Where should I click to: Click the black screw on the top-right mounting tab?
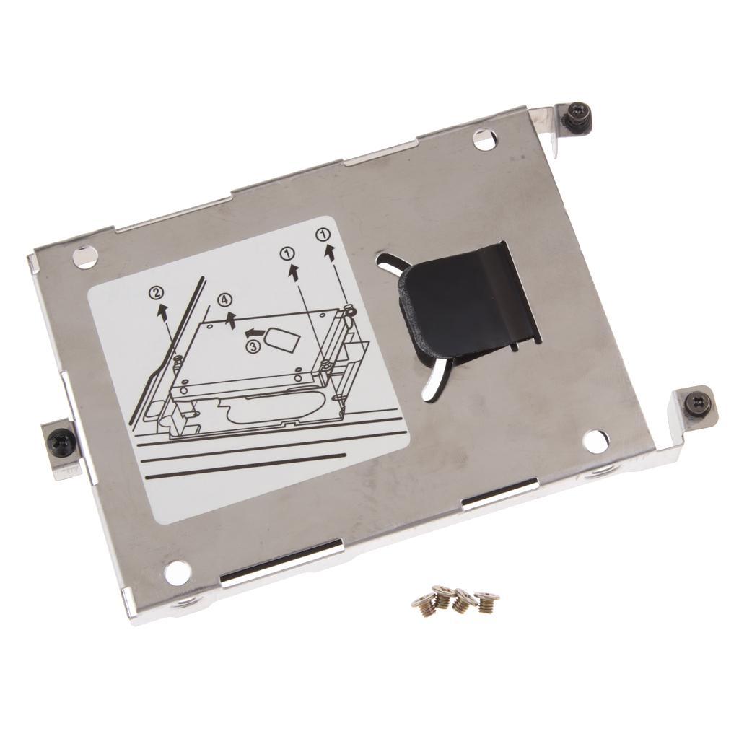[x=578, y=117]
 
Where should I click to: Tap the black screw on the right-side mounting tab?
[x=698, y=403]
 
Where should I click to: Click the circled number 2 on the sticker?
[x=157, y=293]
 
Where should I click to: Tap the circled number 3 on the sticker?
[x=253, y=347]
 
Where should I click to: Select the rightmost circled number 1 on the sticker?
[x=324, y=234]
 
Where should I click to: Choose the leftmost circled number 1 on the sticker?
[x=288, y=253]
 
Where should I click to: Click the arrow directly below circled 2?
[x=163, y=312]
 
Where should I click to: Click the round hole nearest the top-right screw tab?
[x=485, y=139]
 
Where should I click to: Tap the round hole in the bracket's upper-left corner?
[x=85, y=256]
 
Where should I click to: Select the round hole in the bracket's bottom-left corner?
[x=177, y=572]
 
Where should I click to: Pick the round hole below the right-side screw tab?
[x=595, y=441]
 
